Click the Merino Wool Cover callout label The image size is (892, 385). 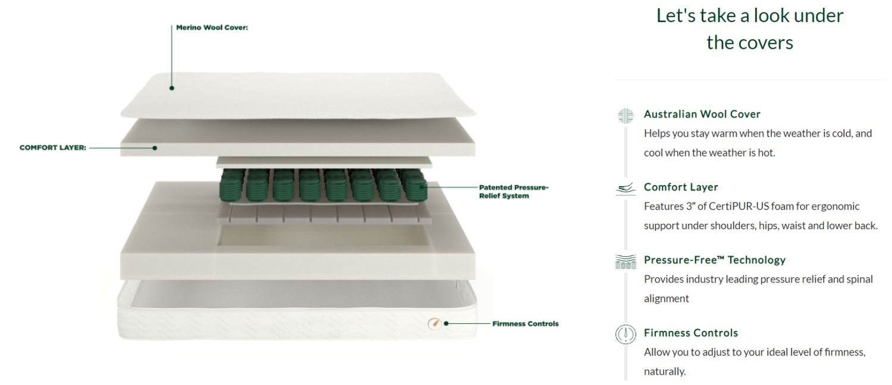click(x=212, y=27)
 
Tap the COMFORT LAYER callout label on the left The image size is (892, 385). click(x=53, y=148)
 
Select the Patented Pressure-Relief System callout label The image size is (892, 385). click(x=514, y=191)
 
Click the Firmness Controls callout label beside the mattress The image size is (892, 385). click(x=525, y=324)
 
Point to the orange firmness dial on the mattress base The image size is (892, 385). click(x=435, y=324)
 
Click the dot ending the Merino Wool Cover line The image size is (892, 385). click(x=172, y=88)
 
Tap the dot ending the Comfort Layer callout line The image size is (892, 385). click(x=155, y=148)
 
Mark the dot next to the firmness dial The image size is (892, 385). click(x=447, y=324)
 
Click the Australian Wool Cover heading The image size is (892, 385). click(x=702, y=114)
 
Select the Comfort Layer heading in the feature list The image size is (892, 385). click(x=681, y=187)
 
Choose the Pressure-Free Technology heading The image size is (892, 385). click(x=715, y=260)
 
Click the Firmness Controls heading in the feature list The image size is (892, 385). click(x=691, y=333)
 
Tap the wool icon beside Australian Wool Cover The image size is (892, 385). click(x=626, y=115)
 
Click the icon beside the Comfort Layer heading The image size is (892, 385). click(x=626, y=189)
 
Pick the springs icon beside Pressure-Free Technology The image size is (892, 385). click(x=626, y=261)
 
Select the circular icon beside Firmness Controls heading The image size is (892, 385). click(x=626, y=334)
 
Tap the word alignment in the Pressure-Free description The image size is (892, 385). click(x=666, y=299)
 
